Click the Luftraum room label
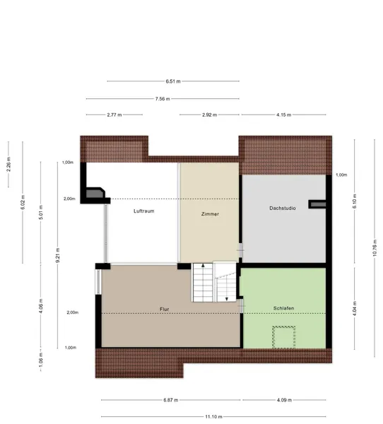point(144,211)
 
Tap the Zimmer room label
point(210,214)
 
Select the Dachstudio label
point(283,208)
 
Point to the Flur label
point(164,309)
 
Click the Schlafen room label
point(283,308)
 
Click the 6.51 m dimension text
point(173,81)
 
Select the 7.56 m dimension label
point(163,99)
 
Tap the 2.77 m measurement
point(114,114)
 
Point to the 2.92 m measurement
point(210,114)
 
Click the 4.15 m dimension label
point(284,114)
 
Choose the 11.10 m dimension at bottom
point(213,417)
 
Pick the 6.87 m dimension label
point(171,400)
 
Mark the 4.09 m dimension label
point(284,400)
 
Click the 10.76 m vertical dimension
point(375,248)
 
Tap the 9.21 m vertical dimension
point(58,255)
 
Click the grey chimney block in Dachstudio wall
point(318,204)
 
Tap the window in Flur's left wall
point(98,282)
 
